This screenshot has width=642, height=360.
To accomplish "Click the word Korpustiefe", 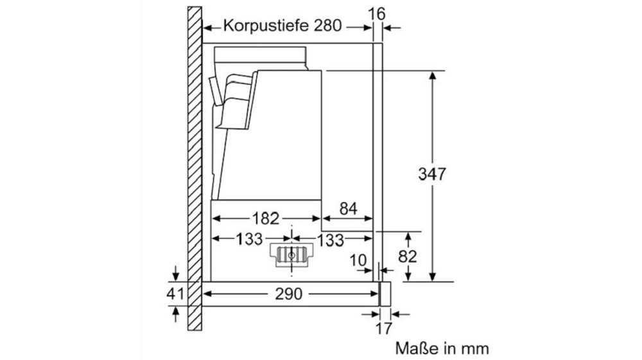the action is coord(266,26).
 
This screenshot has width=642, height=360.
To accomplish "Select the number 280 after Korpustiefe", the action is coord(327,26).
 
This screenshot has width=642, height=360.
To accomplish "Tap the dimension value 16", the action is coord(377,14).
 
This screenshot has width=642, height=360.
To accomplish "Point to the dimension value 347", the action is coord(432,175).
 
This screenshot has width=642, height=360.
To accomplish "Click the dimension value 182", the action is coord(265,218).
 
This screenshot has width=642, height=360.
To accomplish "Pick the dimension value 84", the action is coord(348,209).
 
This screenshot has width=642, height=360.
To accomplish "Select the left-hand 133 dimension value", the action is coord(249,239).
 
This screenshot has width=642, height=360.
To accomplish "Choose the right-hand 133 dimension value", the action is coord(330,240).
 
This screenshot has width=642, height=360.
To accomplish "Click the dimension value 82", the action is coord(408,257).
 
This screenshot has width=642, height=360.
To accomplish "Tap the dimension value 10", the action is coord(358,260).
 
